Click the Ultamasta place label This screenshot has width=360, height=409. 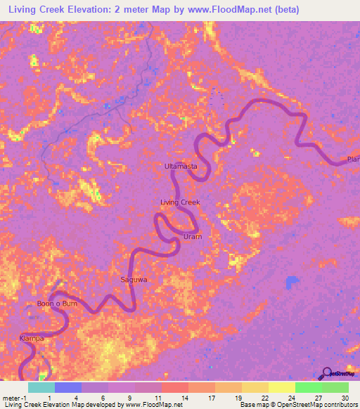[x=180, y=166]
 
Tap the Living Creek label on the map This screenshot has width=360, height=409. [x=181, y=202]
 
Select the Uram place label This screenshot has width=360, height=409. [x=193, y=237]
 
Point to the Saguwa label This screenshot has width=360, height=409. [x=134, y=280]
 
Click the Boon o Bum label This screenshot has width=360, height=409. [x=57, y=304]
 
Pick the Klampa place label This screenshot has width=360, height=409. [x=32, y=339]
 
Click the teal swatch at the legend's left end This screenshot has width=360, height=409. [x=41, y=387]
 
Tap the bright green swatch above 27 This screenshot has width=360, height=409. [x=309, y=387]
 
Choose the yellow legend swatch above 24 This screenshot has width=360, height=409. [x=282, y=387]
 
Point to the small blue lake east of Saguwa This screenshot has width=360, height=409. [x=292, y=282]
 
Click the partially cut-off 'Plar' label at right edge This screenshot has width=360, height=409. [x=353, y=160]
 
